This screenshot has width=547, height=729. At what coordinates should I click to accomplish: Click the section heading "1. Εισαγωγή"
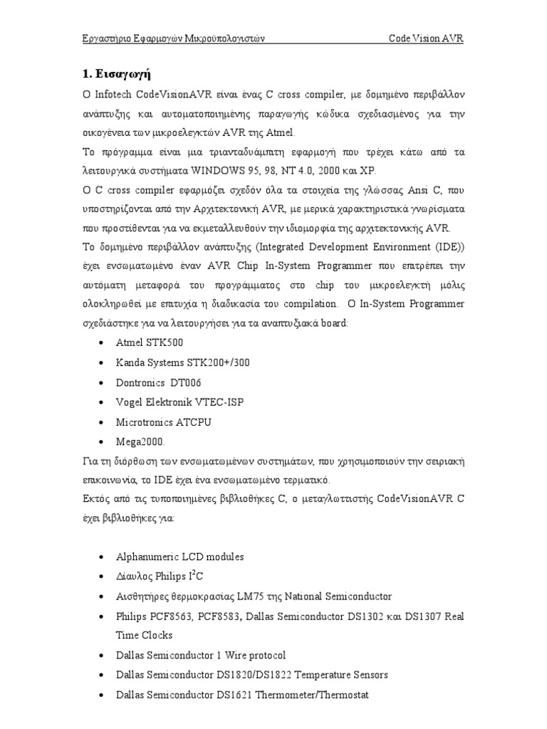click(x=115, y=73)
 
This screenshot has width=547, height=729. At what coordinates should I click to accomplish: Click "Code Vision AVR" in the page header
click(x=426, y=38)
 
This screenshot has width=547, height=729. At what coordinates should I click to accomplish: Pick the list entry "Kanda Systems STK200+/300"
click(x=183, y=362)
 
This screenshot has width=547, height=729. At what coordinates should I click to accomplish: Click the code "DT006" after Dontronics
click(x=187, y=382)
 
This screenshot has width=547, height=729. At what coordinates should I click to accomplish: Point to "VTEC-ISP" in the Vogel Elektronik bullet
click(x=220, y=402)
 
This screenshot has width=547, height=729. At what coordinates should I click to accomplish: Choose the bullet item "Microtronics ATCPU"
click(x=164, y=422)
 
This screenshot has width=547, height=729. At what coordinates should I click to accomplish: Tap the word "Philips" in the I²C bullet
click(x=165, y=577)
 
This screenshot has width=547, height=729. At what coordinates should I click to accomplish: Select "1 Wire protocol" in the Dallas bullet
click(x=250, y=655)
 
